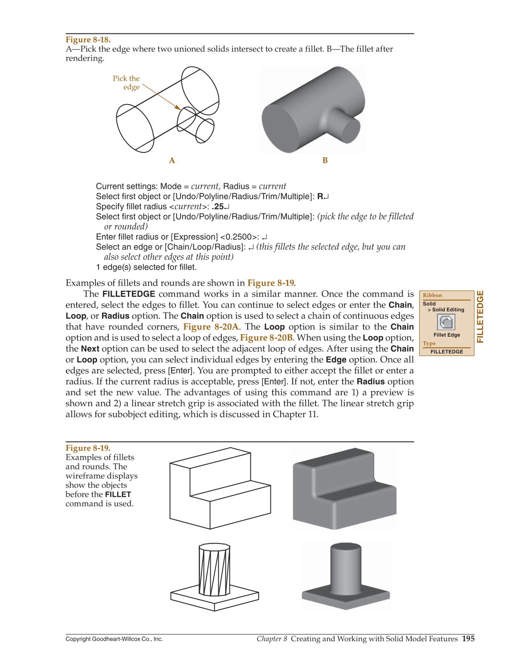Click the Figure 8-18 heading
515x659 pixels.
pyautogui.click(x=88, y=40)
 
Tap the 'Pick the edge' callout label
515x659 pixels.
pyautogui.click(x=127, y=83)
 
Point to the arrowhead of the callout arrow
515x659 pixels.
pyautogui.click(x=178, y=108)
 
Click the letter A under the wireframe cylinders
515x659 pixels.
pyautogui.click(x=172, y=160)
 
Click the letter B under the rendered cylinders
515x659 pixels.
pyautogui.click(x=325, y=160)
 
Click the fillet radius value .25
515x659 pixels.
pyautogui.click(x=217, y=207)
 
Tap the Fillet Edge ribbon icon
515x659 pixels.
pyautogui.click(x=446, y=322)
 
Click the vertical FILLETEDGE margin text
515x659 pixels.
pyautogui.click(x=480, y=316)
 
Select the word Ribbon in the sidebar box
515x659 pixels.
pyautogui.click(x=432, y=295)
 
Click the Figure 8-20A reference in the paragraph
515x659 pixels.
pyautogui.click(x=211, y=327)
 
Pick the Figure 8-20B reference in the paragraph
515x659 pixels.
pyautogui.click(x=266, y=338)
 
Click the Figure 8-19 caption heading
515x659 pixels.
pyautogui.click(x=88, y=448)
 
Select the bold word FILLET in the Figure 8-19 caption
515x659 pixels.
pyautogui.click(x=118, y=495)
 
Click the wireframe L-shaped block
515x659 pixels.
pyautogui.click(x=220, y=490)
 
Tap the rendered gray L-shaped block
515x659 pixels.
pyautogui.click(x=344, y=490)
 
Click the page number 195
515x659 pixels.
pyautogui.click(x=468, y=639)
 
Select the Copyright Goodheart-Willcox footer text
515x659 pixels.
pyautogui.click(x=114, y=639)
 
